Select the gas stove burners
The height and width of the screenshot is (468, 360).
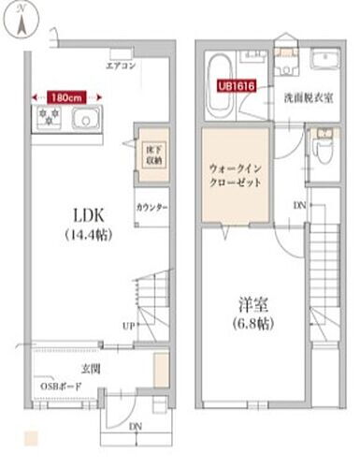click(x=49, y=118)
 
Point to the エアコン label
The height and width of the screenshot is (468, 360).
click(x=121, y=66)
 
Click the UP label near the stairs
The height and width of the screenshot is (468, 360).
click(x=127, y=326)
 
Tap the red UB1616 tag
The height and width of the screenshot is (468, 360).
click(x=236, y=83)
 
